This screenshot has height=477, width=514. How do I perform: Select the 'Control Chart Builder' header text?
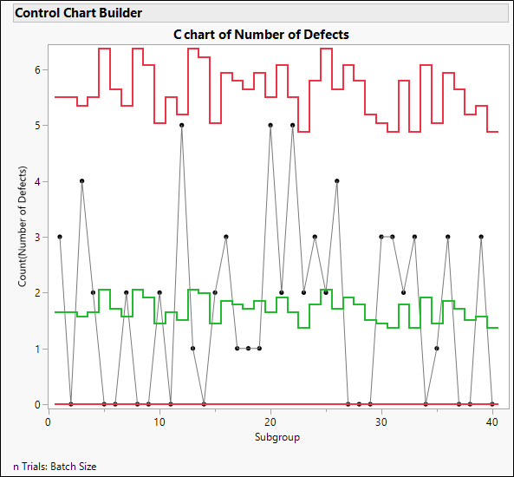[79, 13]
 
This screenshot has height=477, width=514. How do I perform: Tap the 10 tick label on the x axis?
[159, 421]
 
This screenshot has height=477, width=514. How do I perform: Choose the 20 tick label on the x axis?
[270, 421]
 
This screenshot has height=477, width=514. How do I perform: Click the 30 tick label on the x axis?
[381, 421]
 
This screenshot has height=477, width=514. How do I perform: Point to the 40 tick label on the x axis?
[492, 421]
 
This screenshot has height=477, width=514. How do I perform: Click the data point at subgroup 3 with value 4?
[81, 181]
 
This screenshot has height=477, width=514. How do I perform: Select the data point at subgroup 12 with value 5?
[182, 125]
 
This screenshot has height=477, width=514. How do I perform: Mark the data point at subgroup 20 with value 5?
[270, 125]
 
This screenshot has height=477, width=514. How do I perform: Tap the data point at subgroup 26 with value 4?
[337, 181]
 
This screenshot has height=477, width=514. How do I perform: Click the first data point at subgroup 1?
[60, 237]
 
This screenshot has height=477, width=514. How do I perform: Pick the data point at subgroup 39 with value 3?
[481, 237]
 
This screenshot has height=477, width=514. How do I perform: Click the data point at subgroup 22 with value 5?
[293, 125]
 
